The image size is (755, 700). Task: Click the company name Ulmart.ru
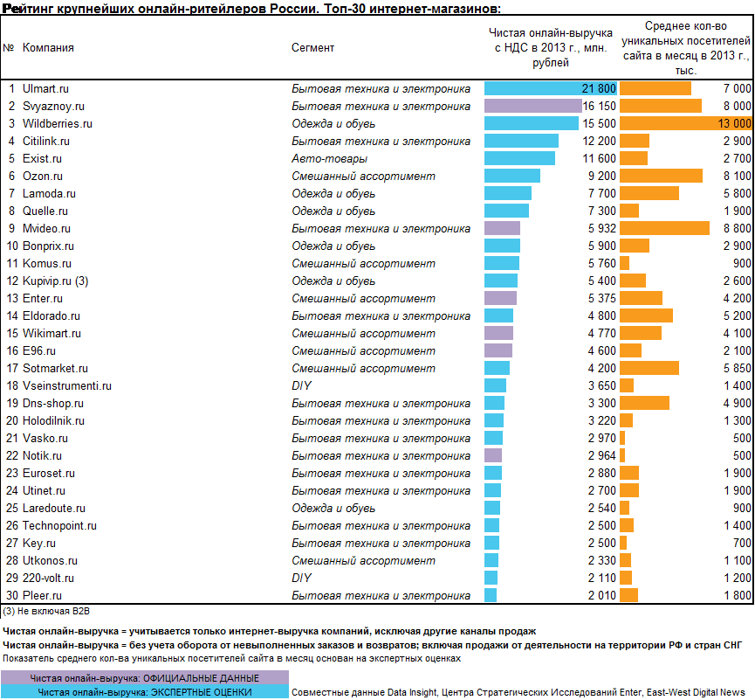click(45, 89)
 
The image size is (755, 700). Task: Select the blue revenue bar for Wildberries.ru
click(531, 123)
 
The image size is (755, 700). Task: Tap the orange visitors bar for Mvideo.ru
click(664, 228)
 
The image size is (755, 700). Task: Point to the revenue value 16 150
click(599, 106)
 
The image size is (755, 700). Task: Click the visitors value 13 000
click(734, 123)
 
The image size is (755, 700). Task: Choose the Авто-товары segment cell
click(329, 158)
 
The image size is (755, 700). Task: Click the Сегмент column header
click(312, 48)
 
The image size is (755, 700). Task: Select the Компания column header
click(48, 48)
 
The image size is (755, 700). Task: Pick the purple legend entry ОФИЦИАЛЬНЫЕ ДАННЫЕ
click(144, 678)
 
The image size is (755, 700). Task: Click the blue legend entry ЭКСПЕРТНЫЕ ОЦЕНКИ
click(144, 692)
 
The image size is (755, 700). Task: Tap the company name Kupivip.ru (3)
click(55, 281)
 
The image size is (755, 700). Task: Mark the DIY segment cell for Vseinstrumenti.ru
click(301, 385)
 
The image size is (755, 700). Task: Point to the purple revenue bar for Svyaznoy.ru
click(533, 106)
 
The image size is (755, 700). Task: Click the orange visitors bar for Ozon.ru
click(661, 176)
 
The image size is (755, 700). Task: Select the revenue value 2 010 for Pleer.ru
click(602, 595)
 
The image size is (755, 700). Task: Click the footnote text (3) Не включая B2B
click(46, 611)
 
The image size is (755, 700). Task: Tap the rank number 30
click(12, 595)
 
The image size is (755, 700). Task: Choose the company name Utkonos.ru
click(50, 561)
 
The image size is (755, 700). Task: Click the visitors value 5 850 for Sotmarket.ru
click(738, 368)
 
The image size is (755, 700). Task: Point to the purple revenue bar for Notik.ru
click(493, 455)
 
